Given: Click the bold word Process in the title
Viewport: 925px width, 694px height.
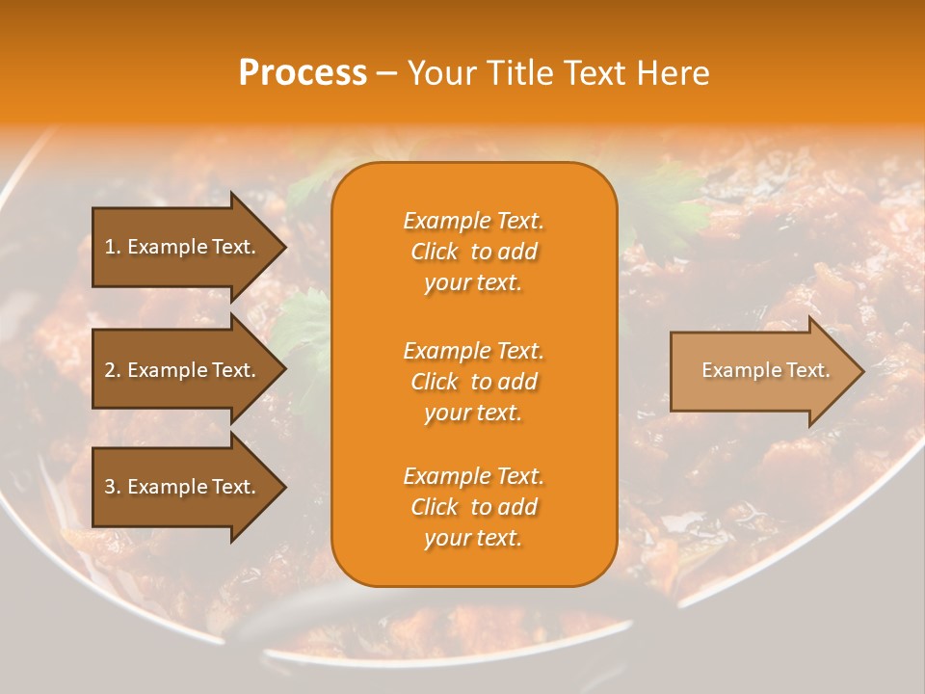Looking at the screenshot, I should tap(303, 73).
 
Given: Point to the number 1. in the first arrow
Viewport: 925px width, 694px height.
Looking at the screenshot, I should tap(112, 247).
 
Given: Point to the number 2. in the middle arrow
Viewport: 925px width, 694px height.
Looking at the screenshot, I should tap(112, 370).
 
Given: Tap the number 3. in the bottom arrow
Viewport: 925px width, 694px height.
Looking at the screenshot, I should tap(112, 487).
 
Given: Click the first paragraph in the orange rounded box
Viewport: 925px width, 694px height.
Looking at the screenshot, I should tap(473, 252).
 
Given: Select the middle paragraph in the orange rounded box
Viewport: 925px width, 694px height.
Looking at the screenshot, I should tap(473, 382).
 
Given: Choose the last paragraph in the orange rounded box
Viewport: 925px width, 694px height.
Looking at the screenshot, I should tap(473, 507).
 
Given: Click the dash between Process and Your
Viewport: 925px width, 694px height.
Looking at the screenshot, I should tap(387, 73).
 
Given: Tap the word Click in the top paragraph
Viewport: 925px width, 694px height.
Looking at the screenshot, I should tap(435, 252).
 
